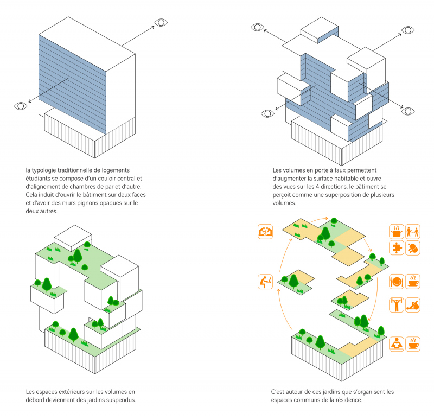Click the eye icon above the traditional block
[161, 23]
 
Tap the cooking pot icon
[397, 232]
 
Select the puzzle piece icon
[397, 249]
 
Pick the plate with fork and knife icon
[397, 282]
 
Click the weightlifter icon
[397, 304]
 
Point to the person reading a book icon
[397, 343]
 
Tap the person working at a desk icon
[265, 282]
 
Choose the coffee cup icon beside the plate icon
[413, 282]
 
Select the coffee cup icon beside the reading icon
[413, 343]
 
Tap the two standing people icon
[413, 232]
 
